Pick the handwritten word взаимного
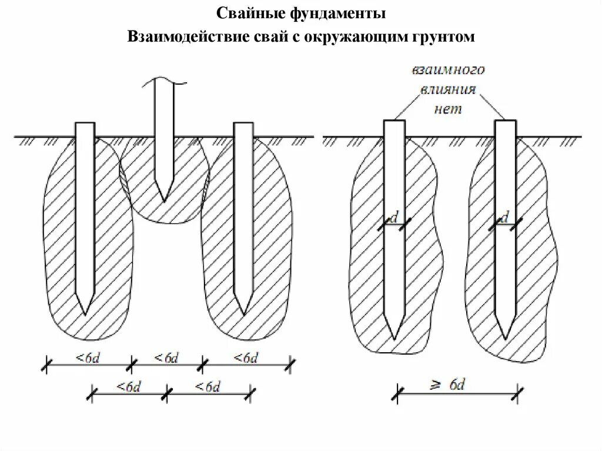coord(448,70)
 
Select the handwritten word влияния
coord(448,89)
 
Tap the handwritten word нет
coord(448,109)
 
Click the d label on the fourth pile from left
coord(394,218)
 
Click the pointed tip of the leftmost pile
coord(85,313)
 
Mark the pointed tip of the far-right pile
coord(506,339)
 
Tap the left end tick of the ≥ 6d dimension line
coord(399,394)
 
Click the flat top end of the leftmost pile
coord(85,123)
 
